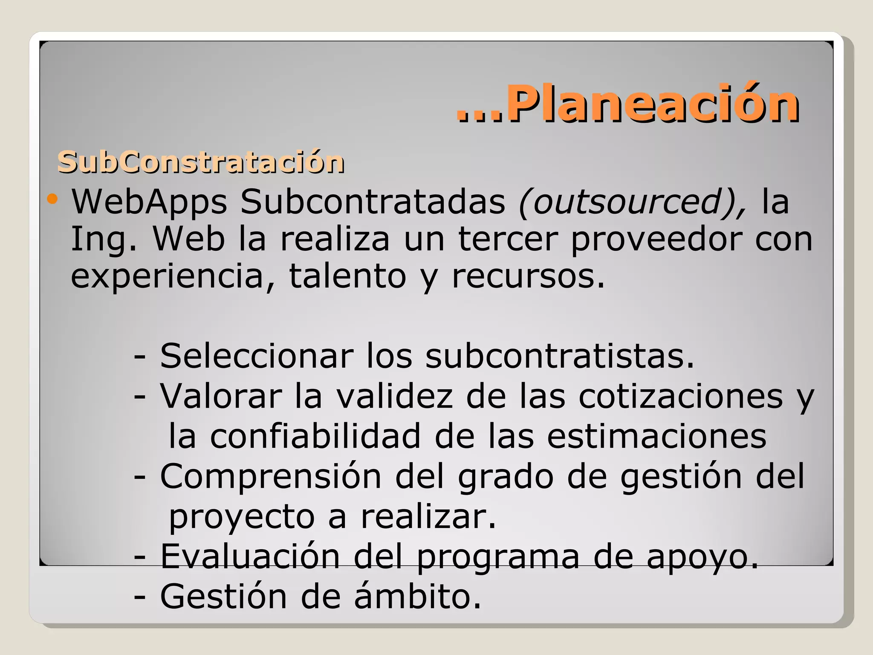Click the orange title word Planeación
[652, 104]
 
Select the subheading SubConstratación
[201, 162]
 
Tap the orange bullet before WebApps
[52, 198]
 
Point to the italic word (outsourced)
[632, 202]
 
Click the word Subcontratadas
[373, 202]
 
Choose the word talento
[347, 276]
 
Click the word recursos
[528, 276]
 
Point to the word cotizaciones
[681, 396]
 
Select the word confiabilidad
[315, 436]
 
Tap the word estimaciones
[656, 436]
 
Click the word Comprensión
[271, 476]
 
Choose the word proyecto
[242, 517]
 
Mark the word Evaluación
[250, 556]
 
